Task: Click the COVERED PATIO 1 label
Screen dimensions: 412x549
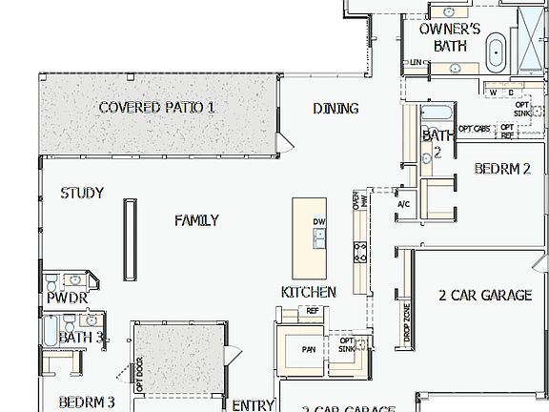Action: [156, 107]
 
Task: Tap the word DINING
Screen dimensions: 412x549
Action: [335, 108]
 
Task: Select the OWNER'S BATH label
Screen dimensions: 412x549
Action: [450, 36]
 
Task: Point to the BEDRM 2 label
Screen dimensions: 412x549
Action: [502, 170]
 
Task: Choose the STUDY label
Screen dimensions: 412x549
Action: [82, 193]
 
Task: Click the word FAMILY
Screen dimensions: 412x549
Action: [196, 220]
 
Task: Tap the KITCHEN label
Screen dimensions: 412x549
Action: [308, 291]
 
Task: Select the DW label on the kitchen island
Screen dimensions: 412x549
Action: [318, 222]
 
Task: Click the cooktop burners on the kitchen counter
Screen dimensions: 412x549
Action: [360, 252]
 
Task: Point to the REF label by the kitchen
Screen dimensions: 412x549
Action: [312, 311]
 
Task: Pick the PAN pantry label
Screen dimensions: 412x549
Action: [309, 349]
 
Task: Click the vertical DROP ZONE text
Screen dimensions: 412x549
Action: [407, 321]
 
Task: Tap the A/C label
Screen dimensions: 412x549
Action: [402, 203]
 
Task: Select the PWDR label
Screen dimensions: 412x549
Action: [67, 299]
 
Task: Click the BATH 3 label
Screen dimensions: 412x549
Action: [81, 337]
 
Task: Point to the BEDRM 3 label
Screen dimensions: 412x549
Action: [86, 402]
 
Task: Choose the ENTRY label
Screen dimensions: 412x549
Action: [253, 404]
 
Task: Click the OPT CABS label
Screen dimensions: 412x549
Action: [474, 128]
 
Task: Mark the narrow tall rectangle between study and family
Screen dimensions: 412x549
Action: [127, 235]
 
